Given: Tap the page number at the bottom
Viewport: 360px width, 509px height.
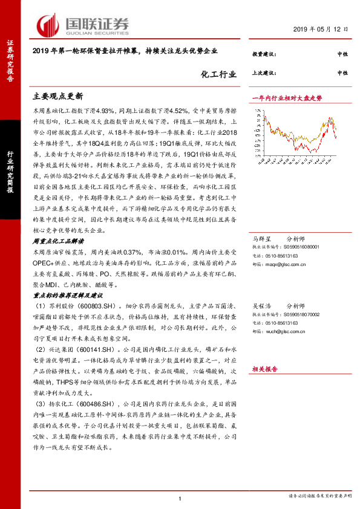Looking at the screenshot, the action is pos(180,498).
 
